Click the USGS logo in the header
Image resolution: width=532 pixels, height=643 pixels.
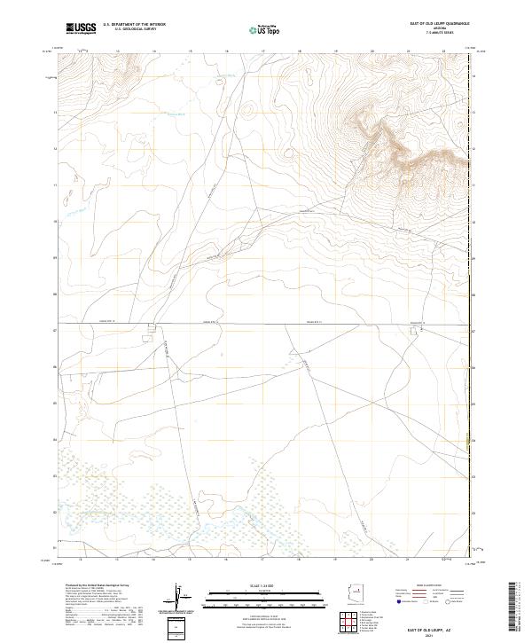click(82, 28)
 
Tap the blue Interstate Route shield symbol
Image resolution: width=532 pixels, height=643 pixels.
click(400, 602)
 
